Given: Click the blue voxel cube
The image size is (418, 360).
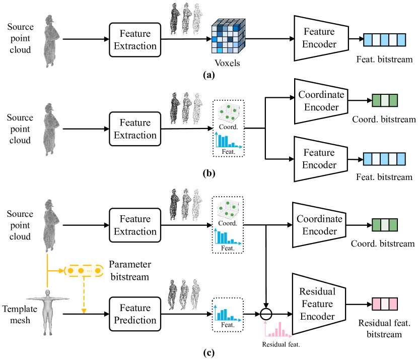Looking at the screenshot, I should click(228, 36).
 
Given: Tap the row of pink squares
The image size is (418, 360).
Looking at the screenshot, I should click(385, 304).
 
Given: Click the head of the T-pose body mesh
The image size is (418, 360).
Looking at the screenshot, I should click(48, 293).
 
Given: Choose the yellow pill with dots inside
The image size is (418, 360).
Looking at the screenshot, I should click(84, 271).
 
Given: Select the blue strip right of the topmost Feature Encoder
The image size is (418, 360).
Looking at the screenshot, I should click(385, 40).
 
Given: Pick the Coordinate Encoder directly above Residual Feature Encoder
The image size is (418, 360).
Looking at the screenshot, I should click(319, 225).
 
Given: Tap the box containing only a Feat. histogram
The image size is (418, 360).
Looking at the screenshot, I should click(228, 315).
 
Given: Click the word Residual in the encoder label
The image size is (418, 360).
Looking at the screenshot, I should click(317, 291).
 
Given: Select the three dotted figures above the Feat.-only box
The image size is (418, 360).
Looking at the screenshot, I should click(184, 294).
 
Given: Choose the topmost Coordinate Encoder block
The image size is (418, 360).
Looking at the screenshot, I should click(321, 101).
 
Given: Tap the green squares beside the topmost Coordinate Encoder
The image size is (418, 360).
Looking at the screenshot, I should click(385, 100).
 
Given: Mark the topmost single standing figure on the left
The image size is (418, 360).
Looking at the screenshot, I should click(51, 40).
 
